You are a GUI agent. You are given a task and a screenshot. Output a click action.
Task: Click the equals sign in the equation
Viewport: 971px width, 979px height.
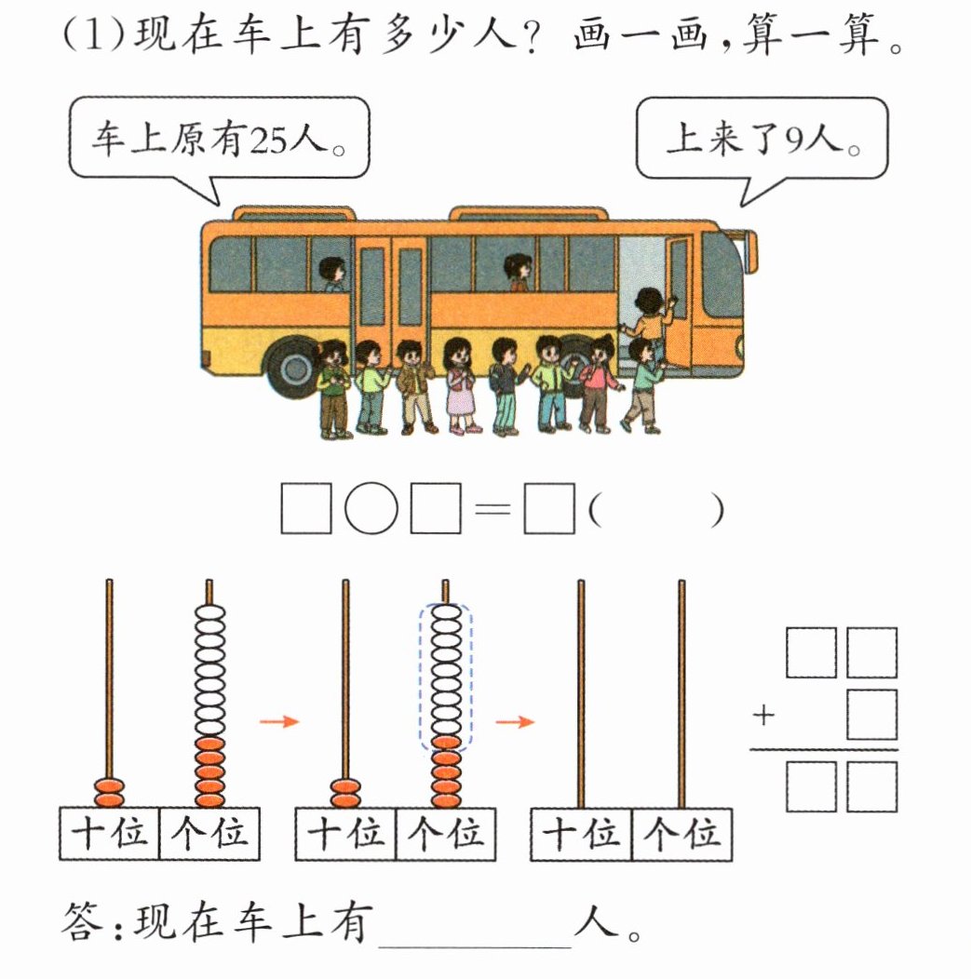pos(491,509)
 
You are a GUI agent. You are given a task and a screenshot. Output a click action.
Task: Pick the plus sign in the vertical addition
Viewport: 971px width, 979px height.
pos(764,715)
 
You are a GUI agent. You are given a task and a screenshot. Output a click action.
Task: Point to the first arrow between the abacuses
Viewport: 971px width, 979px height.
pos(277,721)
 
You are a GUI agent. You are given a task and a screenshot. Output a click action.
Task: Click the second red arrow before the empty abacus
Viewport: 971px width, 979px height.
pos(514,721)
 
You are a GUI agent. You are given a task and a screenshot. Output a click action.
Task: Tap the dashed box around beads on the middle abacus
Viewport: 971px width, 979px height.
pos(446,675)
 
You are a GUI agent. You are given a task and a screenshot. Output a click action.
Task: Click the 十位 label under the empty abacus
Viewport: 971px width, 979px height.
pos(582,834)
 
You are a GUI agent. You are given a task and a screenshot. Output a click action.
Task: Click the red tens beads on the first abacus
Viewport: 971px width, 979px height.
pos(110,793)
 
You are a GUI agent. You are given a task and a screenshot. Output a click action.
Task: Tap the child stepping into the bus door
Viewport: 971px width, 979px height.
pos(648,321)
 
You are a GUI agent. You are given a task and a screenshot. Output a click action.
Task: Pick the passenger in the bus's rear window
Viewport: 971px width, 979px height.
pos(332,274)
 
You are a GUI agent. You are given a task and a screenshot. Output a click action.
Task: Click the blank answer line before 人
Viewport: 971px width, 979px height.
pos(475,931)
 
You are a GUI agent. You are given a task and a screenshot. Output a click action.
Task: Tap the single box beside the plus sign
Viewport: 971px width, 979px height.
pos(871,714)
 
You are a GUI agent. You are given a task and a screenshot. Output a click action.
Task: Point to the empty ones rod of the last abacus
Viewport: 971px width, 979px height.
pos(681,693)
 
